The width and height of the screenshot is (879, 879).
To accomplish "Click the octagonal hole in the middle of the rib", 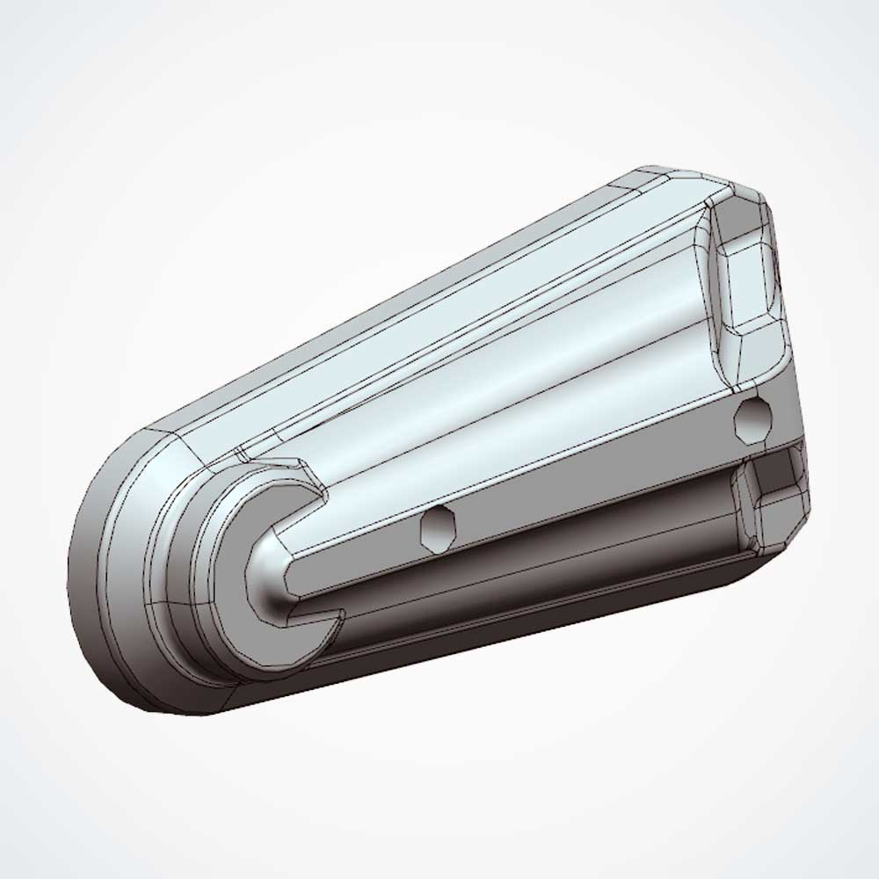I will coord(437,528).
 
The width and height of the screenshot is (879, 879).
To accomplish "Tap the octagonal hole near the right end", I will coord(754,419).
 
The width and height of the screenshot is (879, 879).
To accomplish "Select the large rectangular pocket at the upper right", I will coord(747,277).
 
